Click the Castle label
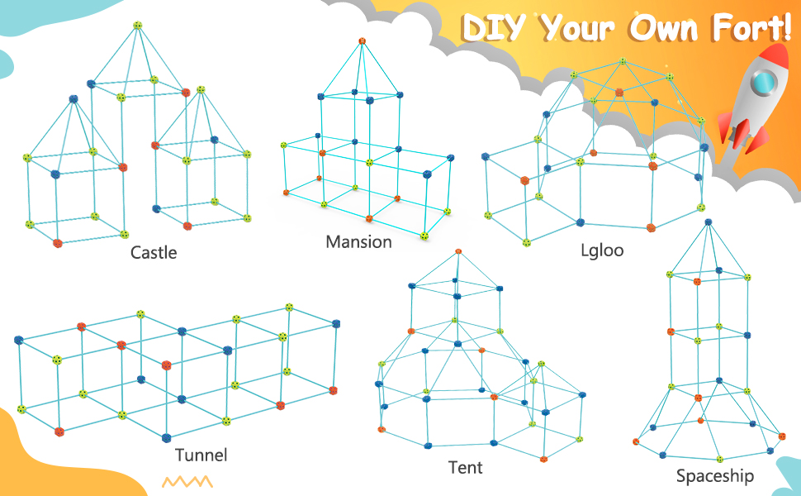pyautogui.click(x=154, y=252)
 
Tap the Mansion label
pyautogui.click(x=358, y=241)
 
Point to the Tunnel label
pyautogui.click(x=201, y=455)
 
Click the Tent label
pyautogui.click(x=465, y=467)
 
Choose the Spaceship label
pyautogui.click(x=715, y=475)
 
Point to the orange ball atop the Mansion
pyautogui.click(x=362, y=41)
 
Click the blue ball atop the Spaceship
pyautogui.click(x=708, y=222)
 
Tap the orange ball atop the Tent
pyautogui.click(x=458, y=250)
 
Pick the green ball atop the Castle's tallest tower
pyautogui.click(x=138, y=25)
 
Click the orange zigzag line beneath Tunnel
pyautogui.click(x=187, y=481)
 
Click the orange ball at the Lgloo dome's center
pyautogui.click(x=619, y=93)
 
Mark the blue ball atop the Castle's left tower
pyautogui.click(x=73, y=99)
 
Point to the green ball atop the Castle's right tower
pyautogui.click(x=201, y=89)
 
